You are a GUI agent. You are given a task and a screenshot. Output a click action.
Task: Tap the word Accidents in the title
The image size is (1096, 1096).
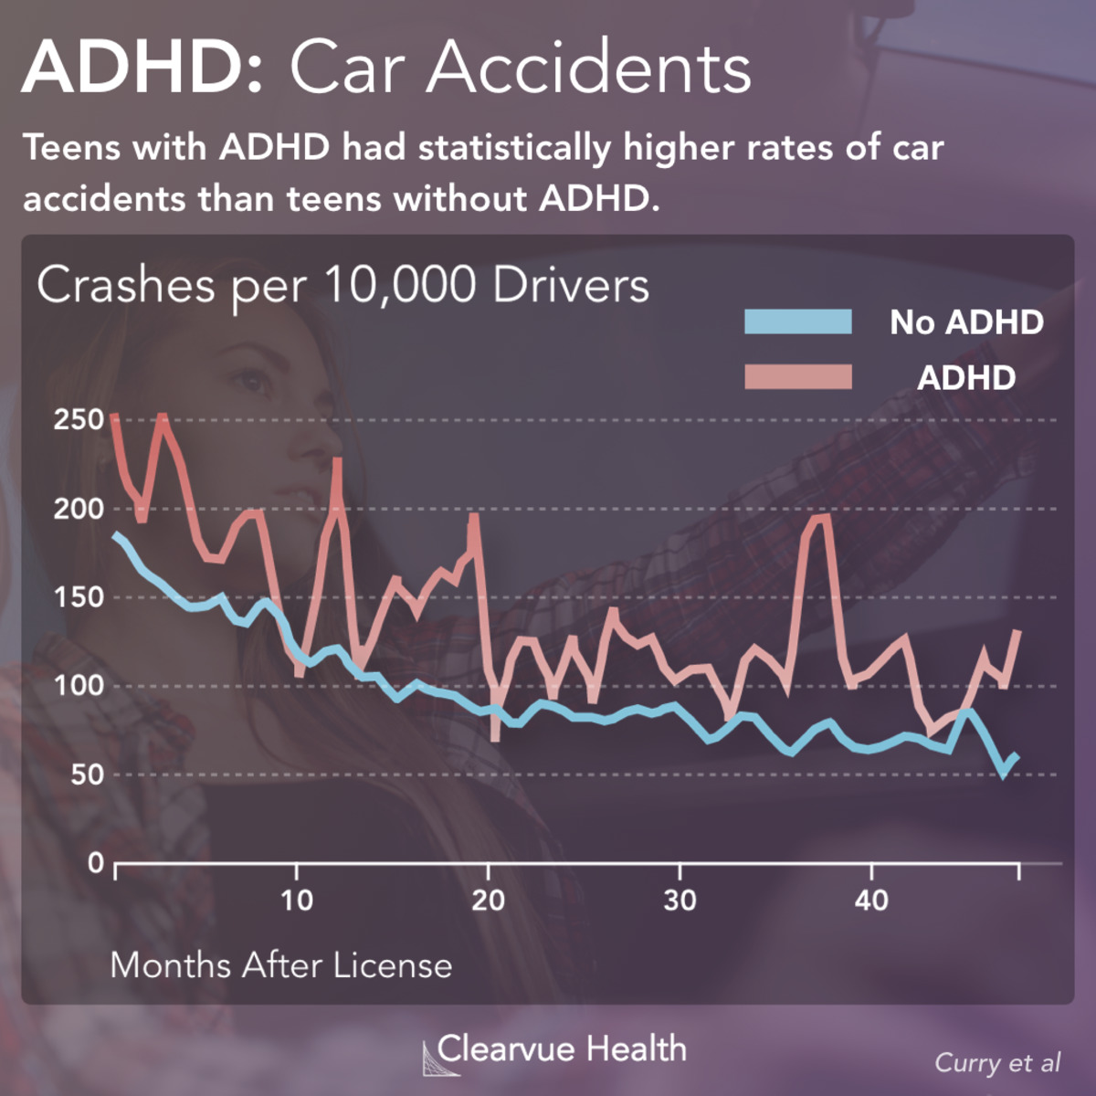[589, 68]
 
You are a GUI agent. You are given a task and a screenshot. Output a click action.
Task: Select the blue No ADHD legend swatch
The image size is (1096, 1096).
[797, 321]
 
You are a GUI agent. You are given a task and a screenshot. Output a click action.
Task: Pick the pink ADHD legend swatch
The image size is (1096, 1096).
[797, 377]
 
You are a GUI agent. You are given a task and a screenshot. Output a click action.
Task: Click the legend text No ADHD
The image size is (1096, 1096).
[966, 321]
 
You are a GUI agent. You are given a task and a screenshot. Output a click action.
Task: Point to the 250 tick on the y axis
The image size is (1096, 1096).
[79, 420]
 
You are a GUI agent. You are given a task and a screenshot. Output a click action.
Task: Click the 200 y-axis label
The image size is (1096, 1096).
[79, 509]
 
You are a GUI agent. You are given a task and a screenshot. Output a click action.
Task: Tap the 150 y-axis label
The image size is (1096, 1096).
[79, 597]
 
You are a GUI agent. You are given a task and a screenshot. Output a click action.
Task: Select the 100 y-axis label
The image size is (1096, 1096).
[79, 686]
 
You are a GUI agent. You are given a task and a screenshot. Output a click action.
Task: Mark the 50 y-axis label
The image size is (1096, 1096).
[86, 775]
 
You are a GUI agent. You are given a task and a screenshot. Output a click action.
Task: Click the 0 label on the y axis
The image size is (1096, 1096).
[96, 862]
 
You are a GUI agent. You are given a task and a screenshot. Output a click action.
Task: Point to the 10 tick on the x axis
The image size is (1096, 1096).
[297, 901]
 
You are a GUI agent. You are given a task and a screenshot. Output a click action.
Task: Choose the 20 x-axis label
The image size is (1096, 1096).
[489, 901]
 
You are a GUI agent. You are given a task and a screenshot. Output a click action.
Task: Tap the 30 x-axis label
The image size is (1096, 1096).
[680, 901]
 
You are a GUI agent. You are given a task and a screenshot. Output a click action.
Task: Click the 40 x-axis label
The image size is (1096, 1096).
[872, 901]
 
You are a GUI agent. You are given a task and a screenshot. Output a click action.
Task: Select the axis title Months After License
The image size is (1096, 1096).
[281, 965]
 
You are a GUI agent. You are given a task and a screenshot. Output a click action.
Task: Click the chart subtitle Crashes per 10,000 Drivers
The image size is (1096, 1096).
[342, 285]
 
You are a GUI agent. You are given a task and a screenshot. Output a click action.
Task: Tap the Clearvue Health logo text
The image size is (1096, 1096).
[561, 1049]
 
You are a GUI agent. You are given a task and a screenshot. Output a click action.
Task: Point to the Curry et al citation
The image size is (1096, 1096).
[997, 1063]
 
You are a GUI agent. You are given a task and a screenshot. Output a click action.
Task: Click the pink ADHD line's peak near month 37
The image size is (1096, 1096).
[819, 519]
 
